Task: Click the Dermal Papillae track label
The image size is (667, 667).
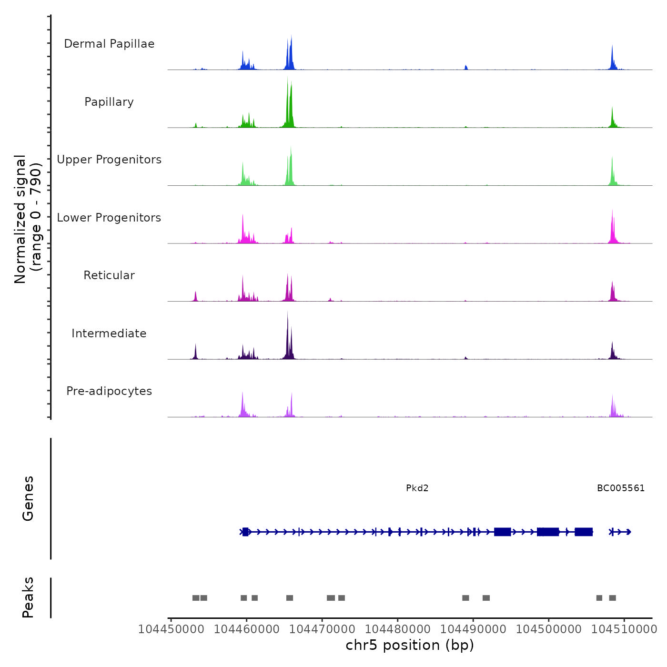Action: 109,44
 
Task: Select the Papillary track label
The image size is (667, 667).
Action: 109,102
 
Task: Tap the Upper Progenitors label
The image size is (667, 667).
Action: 109,160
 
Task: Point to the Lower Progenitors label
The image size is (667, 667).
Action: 109,218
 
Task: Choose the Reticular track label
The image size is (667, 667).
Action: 109,275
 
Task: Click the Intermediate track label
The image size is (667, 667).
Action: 109,333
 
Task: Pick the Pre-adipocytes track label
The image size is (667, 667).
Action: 109,391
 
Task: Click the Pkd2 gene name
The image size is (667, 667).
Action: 417,488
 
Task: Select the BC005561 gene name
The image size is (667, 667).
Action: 621,488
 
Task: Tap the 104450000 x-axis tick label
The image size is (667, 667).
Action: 171,629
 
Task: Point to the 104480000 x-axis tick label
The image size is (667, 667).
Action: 398,629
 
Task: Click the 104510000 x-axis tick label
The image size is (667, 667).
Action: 624,629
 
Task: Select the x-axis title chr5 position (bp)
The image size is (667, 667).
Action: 410,646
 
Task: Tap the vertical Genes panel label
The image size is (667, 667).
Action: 28,498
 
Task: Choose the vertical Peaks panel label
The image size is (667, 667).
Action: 28,597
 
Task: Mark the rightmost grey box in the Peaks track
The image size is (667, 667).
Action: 613,598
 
